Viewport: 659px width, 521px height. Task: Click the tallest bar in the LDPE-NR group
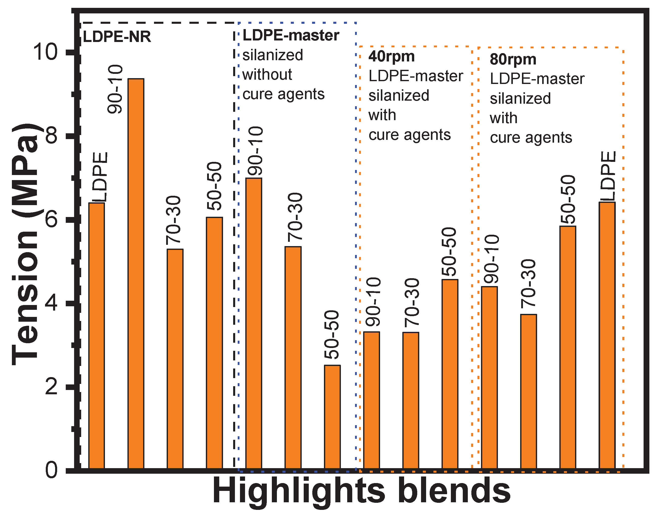pyautogui.click(x=136, y=274)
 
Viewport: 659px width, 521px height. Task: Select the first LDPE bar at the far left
pyautogui.click(x=96, y=336)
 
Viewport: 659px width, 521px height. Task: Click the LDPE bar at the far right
pyautogui.click(x=607, y=336)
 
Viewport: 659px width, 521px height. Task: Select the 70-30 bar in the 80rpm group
pyautogui.click(x=529, y=392)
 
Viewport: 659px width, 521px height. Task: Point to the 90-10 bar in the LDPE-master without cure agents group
pyautogui.click(x=253, y=323)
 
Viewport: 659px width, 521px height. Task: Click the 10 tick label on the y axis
pyautogui.click(x=46, y=52)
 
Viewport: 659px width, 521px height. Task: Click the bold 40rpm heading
pyautogui.click(x=391, y=56)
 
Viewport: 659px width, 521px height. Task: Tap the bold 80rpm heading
pyautogui.click(x=513, y=59)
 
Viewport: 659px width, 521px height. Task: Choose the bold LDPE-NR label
pyautogui.click(x=117, y=37)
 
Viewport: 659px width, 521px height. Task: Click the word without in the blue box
pyautogui.click(x=267, y=74)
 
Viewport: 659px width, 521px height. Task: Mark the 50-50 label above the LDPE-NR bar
pyautogui.click(x=214, y=186)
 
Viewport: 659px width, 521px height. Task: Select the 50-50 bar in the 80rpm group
pyautogui.click(x=567, y=348)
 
